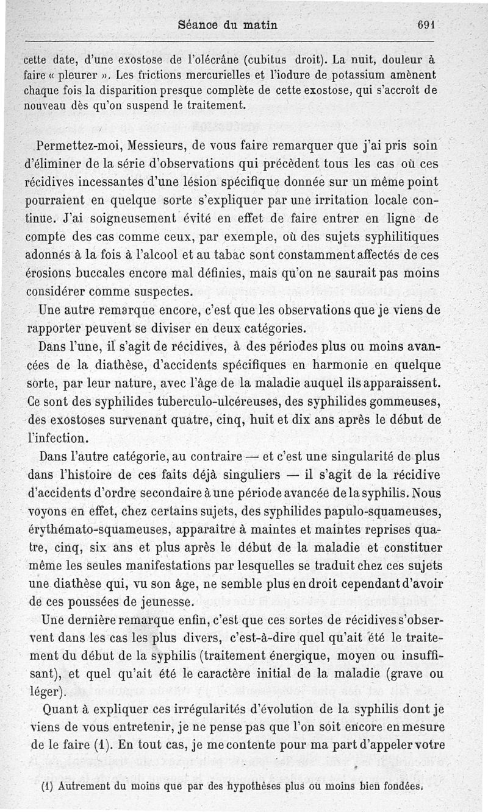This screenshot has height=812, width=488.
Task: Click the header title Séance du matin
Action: click(227, 26)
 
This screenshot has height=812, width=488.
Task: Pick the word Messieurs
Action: click(151, 147)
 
